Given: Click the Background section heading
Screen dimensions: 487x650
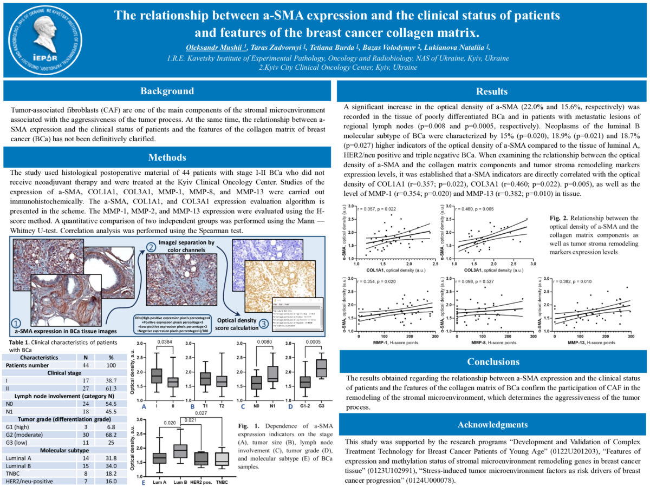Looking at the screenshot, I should [167, 91].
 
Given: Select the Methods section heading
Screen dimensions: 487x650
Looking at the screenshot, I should [167, 157].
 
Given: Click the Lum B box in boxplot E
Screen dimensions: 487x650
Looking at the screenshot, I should [179, 450].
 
